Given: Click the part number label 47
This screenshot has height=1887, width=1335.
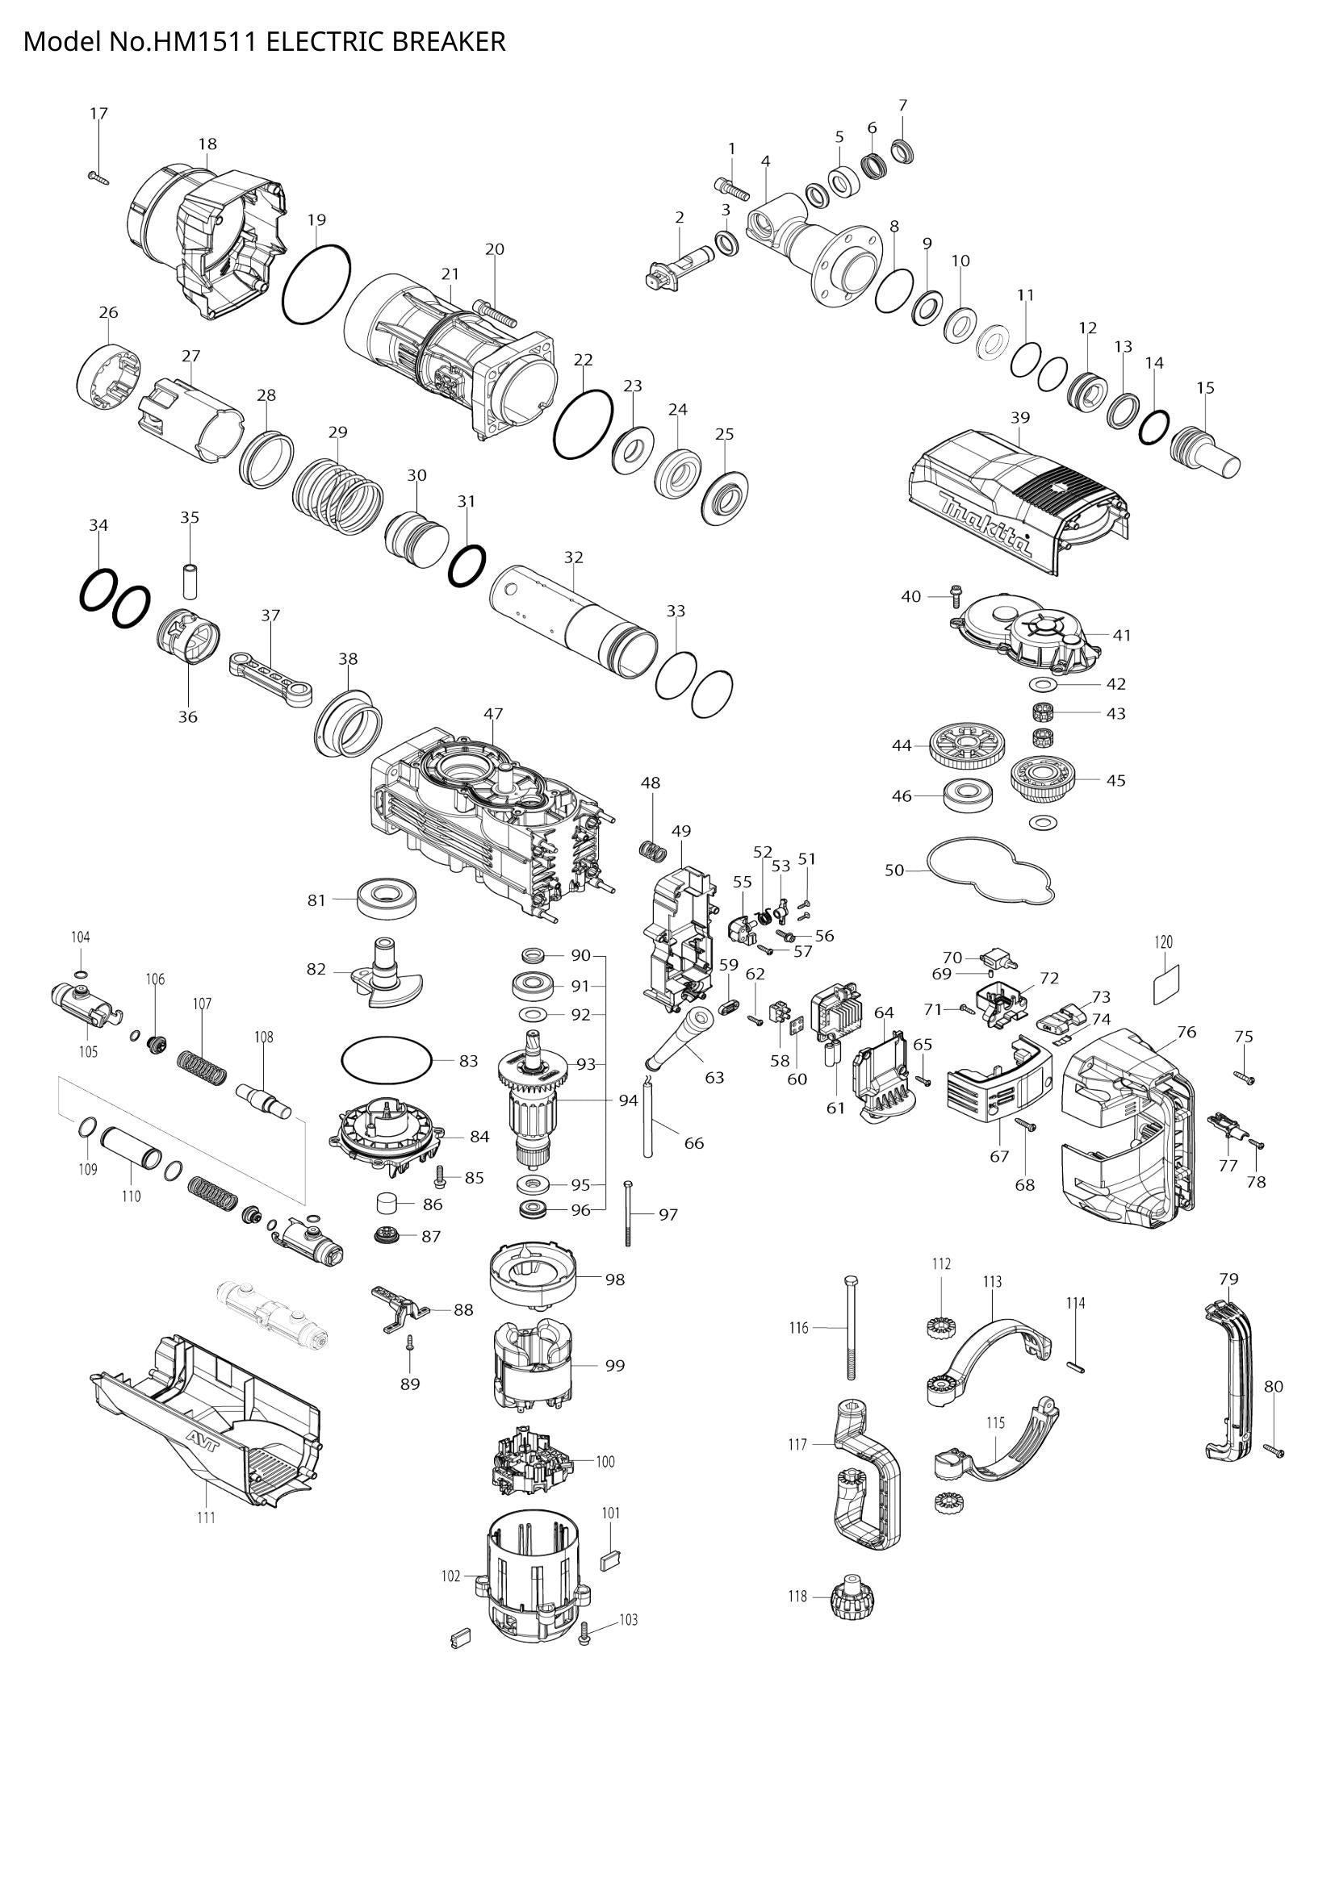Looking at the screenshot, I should click(493, 713).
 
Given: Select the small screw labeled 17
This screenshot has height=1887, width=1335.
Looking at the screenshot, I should click(98, 175).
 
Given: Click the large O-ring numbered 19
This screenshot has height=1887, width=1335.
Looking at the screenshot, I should click(316, 283).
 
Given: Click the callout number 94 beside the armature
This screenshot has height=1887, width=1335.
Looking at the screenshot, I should click(628, 1100).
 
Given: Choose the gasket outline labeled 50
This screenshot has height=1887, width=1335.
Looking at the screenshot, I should click(990, 871).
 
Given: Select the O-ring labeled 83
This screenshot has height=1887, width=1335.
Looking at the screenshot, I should click(386, 1061).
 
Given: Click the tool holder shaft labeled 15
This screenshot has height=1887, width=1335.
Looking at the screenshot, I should click(1205, 452).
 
